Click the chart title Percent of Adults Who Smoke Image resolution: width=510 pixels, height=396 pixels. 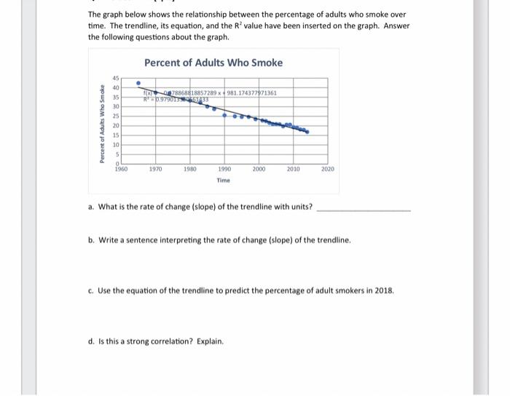point(213,63)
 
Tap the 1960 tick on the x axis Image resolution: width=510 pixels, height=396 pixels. point(121,168)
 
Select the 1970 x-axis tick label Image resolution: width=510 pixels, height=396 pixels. point(155,168)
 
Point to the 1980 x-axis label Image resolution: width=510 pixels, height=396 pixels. point(189,168)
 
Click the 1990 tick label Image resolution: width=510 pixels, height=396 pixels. point(224,168)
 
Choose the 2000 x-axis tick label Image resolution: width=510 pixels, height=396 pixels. point(259,168)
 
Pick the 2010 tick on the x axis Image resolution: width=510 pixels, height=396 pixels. point(293,168)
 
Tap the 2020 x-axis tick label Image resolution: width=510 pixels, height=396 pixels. point(327,168)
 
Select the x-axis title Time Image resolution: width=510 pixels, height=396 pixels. point(224,181)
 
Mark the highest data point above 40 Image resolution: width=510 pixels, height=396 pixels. point(138,83)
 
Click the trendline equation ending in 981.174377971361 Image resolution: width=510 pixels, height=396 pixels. point(219,93)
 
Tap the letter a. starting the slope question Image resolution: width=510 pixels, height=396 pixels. point(91,207)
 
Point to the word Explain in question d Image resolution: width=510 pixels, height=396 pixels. point(209,341)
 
